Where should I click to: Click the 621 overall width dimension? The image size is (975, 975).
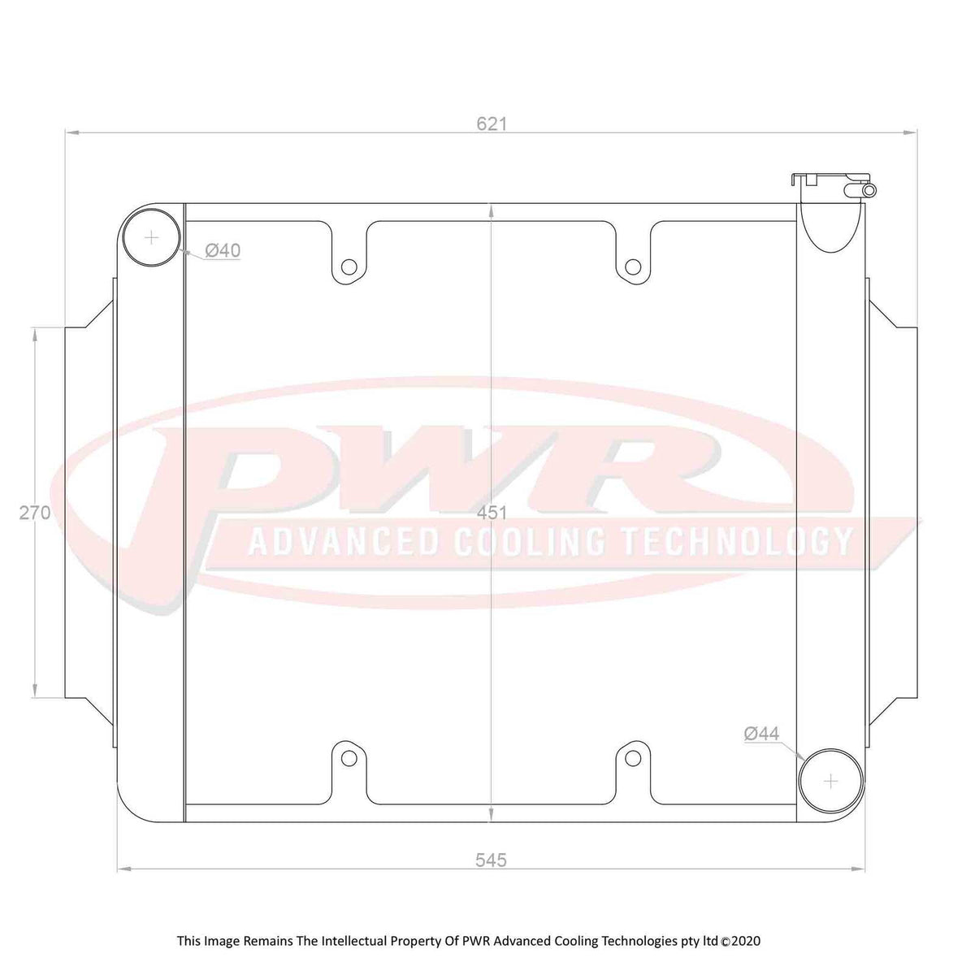point(492,123)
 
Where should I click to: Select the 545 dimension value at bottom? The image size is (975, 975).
point(491,860)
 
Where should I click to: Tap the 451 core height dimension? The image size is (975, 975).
point(492,513)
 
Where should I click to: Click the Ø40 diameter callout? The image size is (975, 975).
point(222,251)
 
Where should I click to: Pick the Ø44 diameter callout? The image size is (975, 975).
point(761,734)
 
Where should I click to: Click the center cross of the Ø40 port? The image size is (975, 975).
point(152,237)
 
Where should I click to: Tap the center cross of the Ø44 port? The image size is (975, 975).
point(830,780)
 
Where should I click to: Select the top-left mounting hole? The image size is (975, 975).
point(349,266)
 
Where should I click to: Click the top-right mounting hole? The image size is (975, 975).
point(633,266)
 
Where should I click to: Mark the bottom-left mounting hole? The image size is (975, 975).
point(349,758)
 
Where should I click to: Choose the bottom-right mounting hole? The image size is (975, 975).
point(633,758)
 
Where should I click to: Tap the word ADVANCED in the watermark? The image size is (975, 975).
point(342,542)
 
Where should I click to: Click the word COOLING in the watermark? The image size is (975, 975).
point(529,542)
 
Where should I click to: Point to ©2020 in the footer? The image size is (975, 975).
point(740,941)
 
